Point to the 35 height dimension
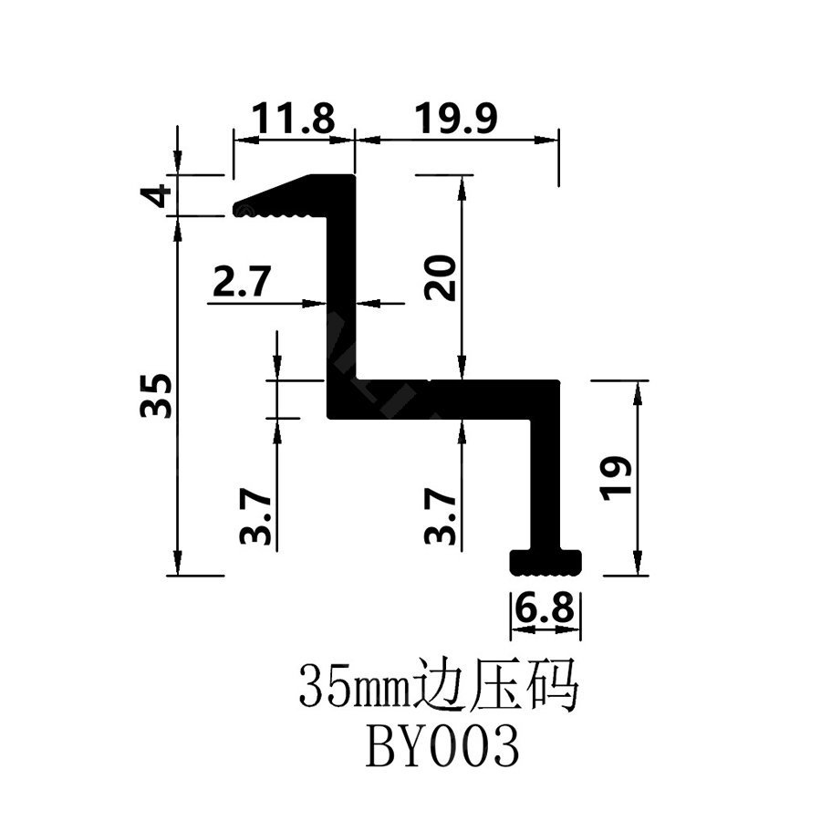tap(156, 395)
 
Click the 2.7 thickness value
tap(242, 281)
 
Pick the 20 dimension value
tap(441, 277)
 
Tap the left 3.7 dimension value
tap(255, 517)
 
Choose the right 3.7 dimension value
tap(441, 517)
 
